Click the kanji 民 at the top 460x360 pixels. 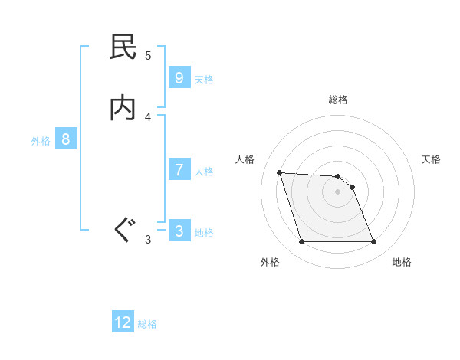[123, 47]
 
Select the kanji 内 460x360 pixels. [123, 108]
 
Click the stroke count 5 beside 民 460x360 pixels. [148, 55]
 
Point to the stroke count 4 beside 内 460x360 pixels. [148, 116]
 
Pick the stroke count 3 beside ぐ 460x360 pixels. [148, 240]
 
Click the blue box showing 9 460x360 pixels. [179, 78]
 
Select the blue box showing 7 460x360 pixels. [179, 170]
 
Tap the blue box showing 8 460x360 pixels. [66, 139]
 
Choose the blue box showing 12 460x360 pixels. [123, 322]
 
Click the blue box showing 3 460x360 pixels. [179, 231]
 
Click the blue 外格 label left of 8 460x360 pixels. [41, 141]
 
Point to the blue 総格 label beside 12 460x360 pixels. [147, 324]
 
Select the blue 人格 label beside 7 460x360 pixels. [204, 172]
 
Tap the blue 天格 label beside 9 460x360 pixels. [204, 80]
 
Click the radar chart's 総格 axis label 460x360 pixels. [338, 100]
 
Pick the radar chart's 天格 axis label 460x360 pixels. [432, 159]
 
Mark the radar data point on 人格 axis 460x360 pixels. [280, 172]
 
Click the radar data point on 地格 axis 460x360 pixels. [373, 242]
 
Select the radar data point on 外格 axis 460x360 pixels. [301, 242]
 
